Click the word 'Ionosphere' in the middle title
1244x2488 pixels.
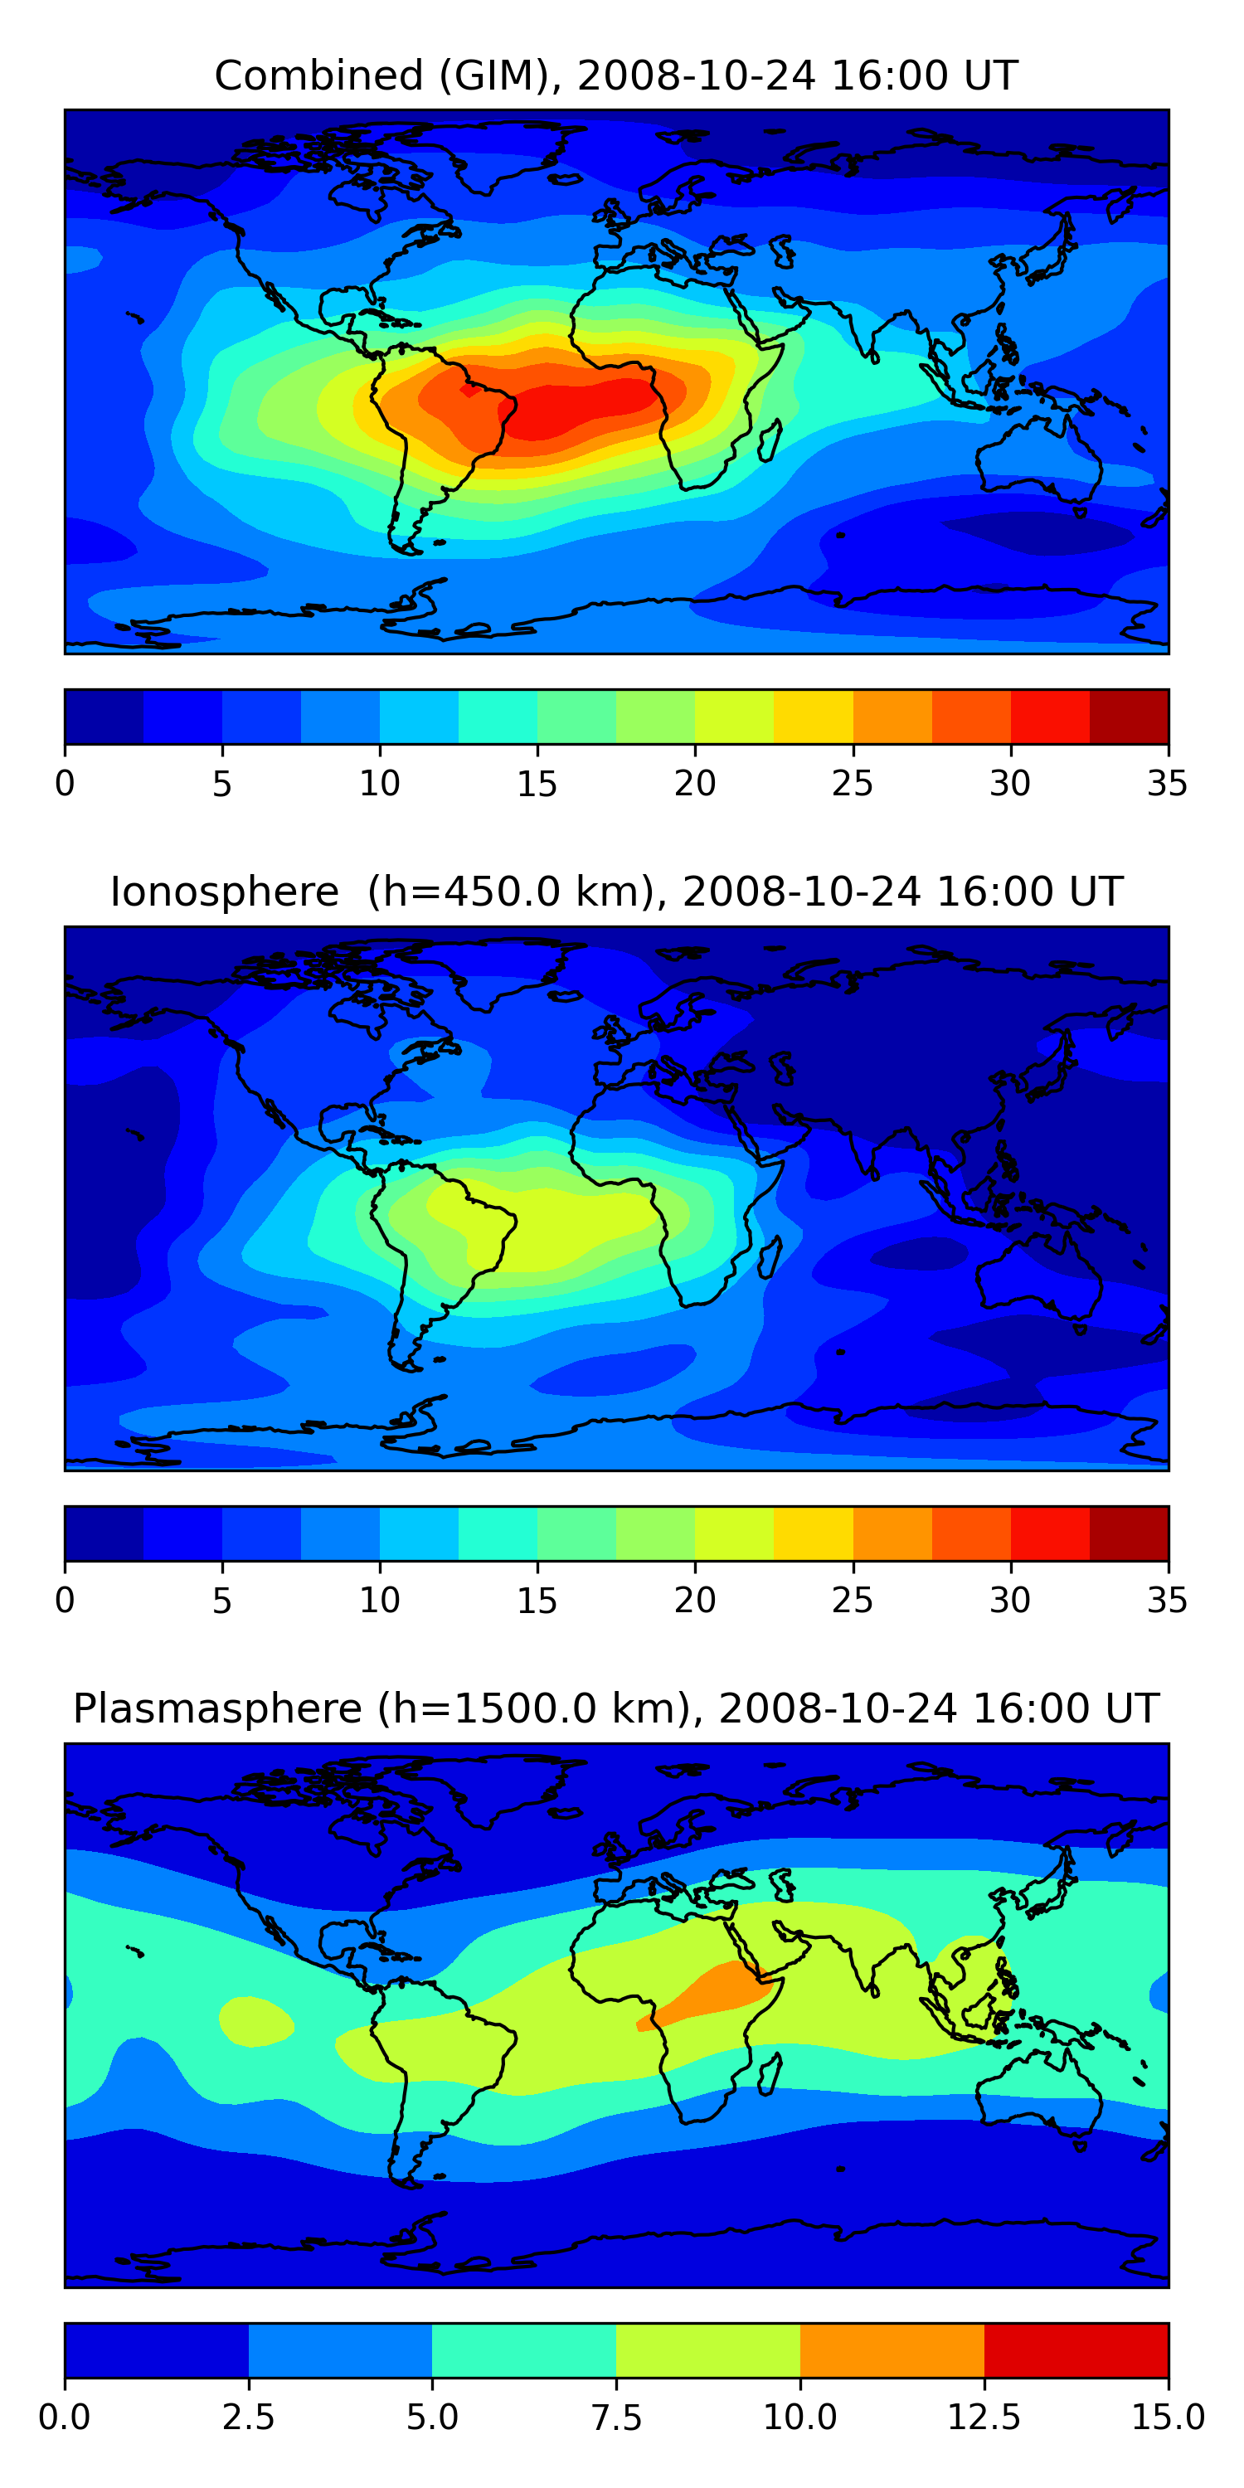point(224,892)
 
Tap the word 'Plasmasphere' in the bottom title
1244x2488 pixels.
point(217,1708)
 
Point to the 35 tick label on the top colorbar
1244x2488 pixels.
point(1167,783)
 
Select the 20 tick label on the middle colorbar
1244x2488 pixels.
point(694,1601)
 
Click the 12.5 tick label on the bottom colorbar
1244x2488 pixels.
point(984,2418)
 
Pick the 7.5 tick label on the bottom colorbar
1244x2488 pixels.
point(616,2418)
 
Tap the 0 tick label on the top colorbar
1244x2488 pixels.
point(65,783)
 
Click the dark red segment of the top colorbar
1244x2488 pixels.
point(1128,717)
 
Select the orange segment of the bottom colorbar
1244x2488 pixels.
point(892,2350)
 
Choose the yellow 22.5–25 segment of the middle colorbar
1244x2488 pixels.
point(814,1533)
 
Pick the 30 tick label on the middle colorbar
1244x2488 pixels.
point(1009,1601)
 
